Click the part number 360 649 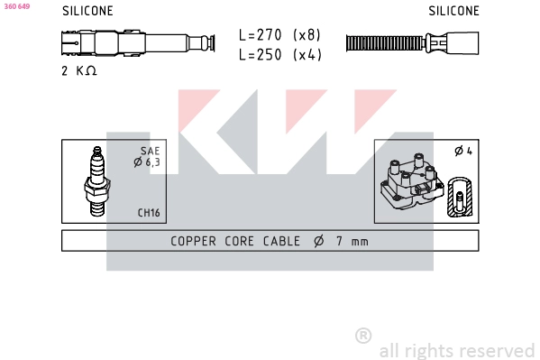tap(16, 6)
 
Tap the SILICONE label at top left tap(87, 12)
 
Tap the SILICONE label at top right tap(453, 12)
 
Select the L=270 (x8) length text tap(279, 35)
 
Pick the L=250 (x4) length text tap(279, 54)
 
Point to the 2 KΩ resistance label tap(79, 70)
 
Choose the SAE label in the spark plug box tap(150, 151)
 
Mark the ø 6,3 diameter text tap(147, 162)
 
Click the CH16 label tap(149, 213)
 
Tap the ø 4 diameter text tap(463, 151)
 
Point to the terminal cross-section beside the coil tap(461, 193)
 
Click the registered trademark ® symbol tap(363, 336)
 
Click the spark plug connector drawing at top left tap(135, 42)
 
